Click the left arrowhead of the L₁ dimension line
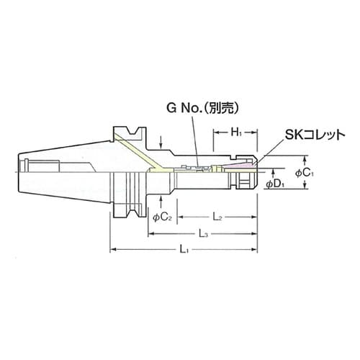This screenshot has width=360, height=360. point(112,249)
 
